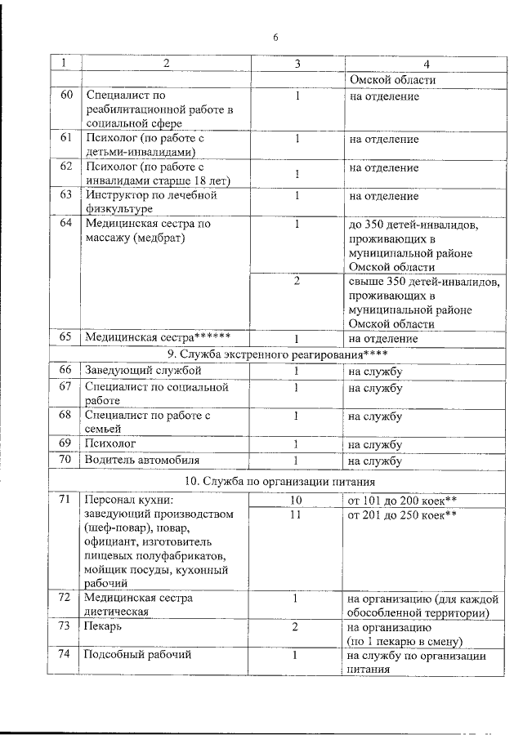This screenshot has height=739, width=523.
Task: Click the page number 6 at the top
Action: (x=275, y=37)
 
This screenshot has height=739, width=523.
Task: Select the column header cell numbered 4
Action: (x=425, y=65)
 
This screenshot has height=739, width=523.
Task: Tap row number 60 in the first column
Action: (x=66, y=96)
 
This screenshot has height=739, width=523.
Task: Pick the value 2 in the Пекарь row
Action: (x=297, y=626)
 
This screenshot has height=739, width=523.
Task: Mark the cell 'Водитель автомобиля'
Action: (x=142, y=461)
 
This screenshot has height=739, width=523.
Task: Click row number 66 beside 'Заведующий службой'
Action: (x=66, y=370)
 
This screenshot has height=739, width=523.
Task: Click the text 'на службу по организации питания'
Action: (x=417, y=661)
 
